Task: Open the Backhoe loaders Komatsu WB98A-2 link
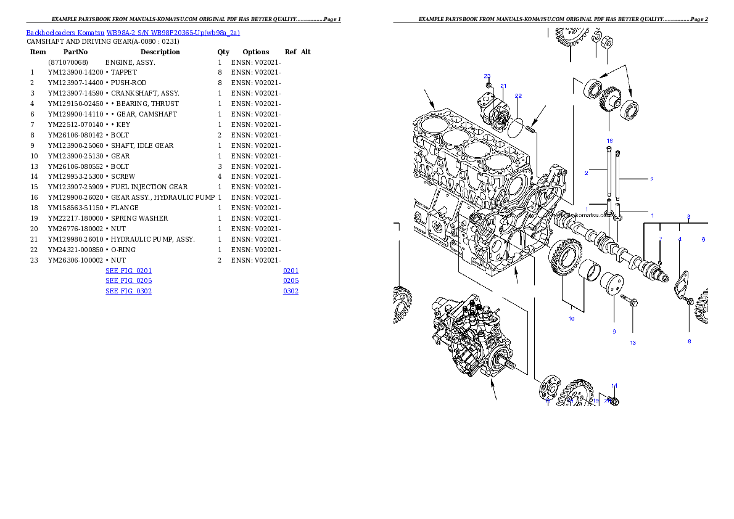[x=133, y=33]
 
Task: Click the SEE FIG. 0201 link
[x=128, y=271]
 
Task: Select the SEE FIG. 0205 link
[x=128, y=280]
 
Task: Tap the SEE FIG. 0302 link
[x=128, y=290]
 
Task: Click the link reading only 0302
[x=291, y=290]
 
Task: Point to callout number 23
[x=487, y=76]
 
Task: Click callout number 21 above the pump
[x=503, y=86]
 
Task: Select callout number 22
[x=518, y=96]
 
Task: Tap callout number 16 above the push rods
[x=609, y=141]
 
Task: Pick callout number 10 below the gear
[x=571, y=319]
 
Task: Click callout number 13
[x=632, y=343]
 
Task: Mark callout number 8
[x=689, y=341]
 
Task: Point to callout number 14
[x=614, y=386]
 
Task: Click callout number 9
[x=614, y=332]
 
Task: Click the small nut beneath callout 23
[x=489, y=84]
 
